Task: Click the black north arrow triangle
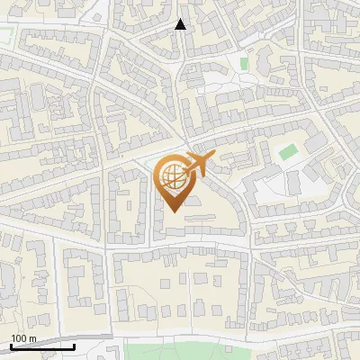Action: coord(181,24)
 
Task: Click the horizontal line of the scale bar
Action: coord(42,346)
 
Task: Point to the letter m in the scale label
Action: coord(33,338)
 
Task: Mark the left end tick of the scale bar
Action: coord(10,345)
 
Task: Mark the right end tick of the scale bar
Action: coord(75,345)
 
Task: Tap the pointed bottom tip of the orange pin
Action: coord(173,211)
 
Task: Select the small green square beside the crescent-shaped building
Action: coord(244,63)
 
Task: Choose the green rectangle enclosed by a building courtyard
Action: coord(287,152)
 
